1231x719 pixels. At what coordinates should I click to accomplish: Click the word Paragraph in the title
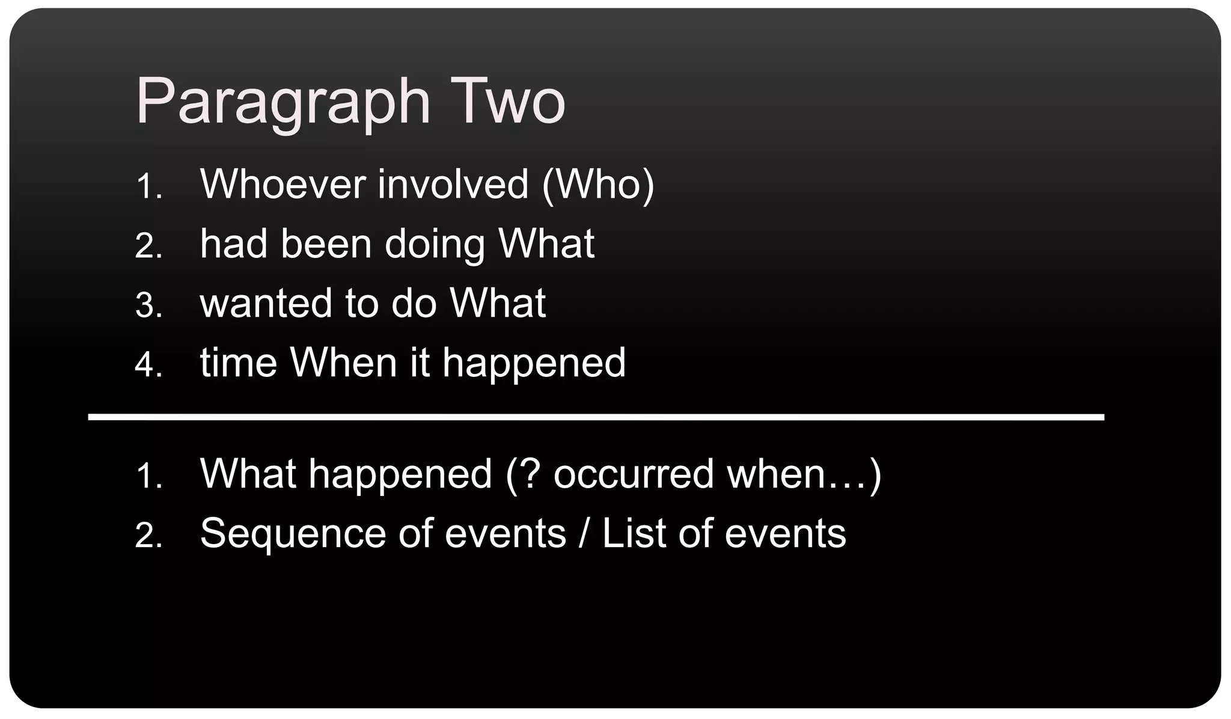coord(283,102)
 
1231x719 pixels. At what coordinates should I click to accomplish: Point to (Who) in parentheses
coord(597,184)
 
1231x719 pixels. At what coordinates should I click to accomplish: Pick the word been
coord(326,244)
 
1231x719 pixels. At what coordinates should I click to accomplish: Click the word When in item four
coord(343,363)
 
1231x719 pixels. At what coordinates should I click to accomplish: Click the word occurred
coord(633,474)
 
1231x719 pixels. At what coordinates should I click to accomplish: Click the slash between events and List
coord(583,533)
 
